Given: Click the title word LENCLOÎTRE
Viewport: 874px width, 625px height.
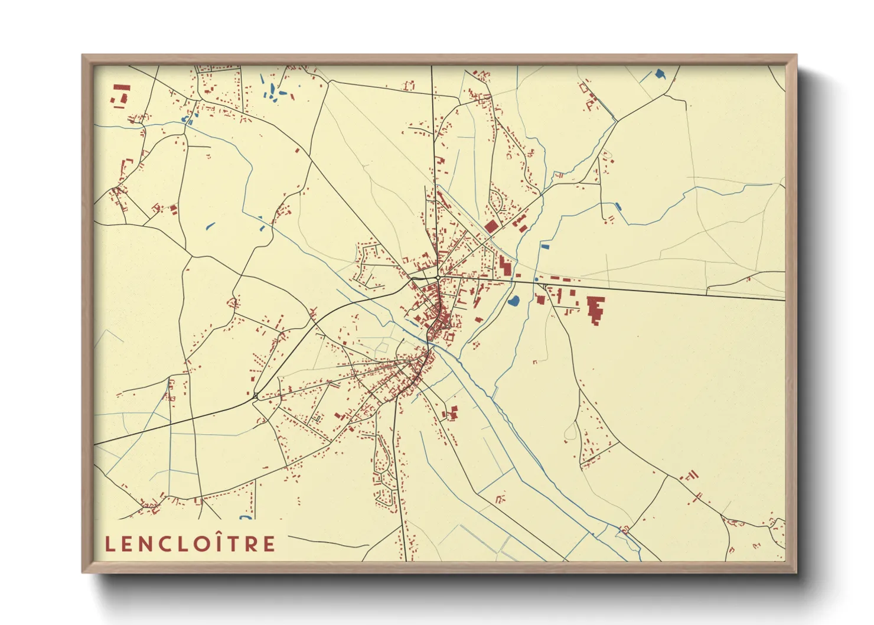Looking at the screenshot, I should coord(190,543).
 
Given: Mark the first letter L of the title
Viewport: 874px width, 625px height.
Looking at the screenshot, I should coord(109,544).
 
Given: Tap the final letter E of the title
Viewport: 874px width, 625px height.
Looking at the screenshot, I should coord(270,544).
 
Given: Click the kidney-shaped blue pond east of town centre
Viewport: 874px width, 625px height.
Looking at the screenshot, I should coord(513,301).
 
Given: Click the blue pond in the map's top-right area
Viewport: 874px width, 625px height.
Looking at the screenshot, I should coord(659,74).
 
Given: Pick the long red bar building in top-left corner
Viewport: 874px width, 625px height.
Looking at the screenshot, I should coord(122,87).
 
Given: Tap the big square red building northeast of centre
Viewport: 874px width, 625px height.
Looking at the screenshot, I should coord(491,226).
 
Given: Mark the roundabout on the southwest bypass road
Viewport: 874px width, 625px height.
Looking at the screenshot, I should coord(255,396).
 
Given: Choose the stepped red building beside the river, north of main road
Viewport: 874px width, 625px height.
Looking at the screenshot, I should coord(504,266).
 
